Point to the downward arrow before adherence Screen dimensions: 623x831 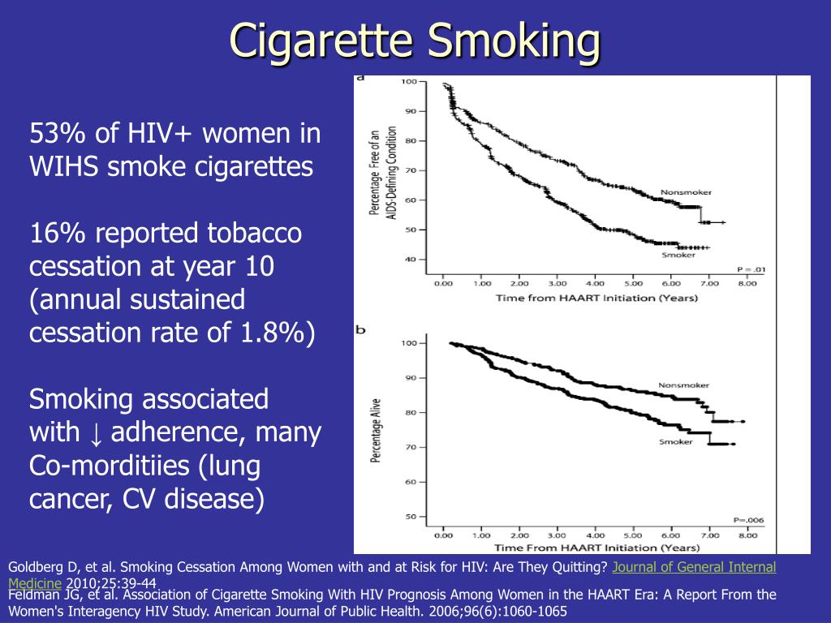(x=96, y=434)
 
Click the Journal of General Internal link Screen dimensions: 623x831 (x=694, y=568)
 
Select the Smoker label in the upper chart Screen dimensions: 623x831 (x=678, y=254)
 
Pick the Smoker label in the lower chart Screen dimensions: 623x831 (x=675, y=441)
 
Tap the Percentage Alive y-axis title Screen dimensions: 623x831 (x=377, y=430)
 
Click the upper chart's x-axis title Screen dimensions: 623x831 (x=596, y=298)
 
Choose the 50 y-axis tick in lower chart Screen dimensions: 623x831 (x=410, y=516)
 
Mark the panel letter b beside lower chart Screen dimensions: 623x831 (x=360, y=330)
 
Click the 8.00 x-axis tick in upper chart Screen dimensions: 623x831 (x=747, y=284)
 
